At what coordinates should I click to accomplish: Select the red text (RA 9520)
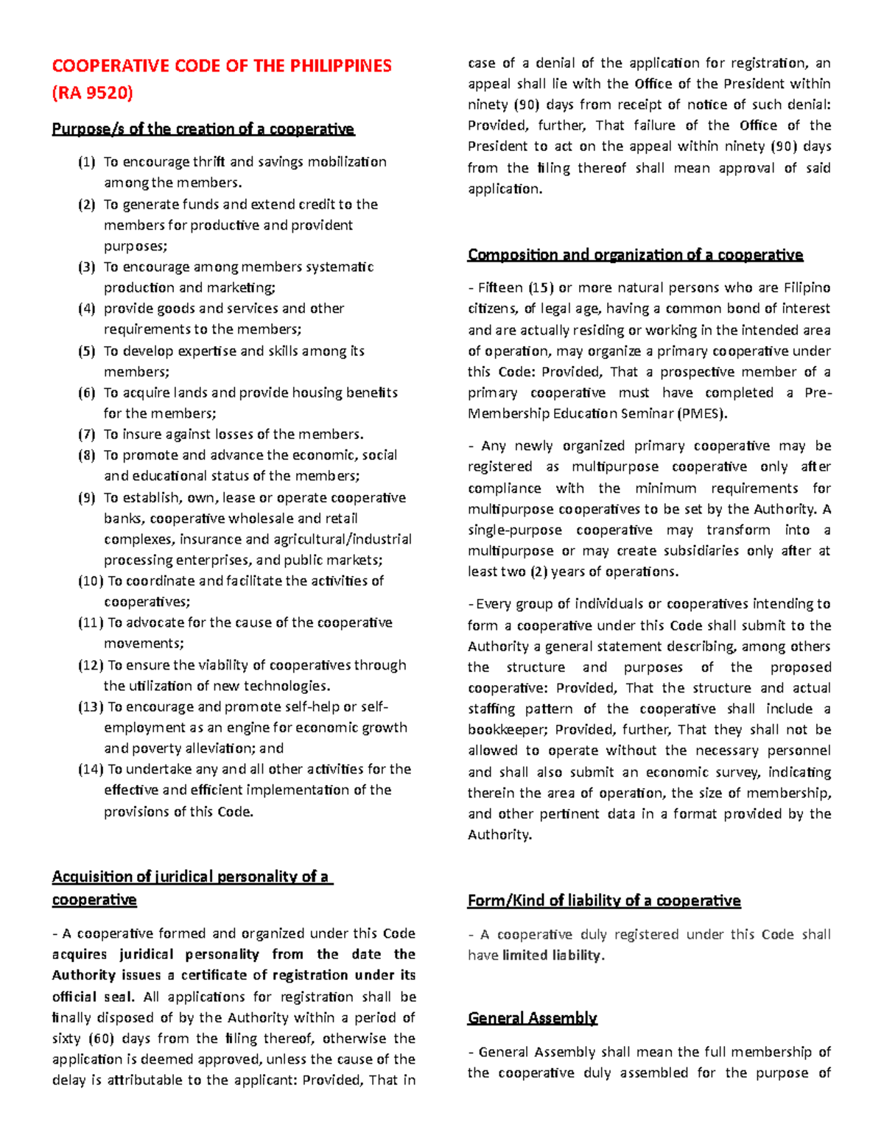92,93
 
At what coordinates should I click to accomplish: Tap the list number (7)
87,435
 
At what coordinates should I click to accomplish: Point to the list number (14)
91,769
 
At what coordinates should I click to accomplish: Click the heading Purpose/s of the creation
203,130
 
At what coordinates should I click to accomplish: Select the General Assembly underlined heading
532,1018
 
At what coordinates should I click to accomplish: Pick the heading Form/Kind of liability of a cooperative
603,900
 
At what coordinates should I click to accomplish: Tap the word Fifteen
500,287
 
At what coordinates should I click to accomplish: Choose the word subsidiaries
695,551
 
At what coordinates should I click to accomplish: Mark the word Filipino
807,287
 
